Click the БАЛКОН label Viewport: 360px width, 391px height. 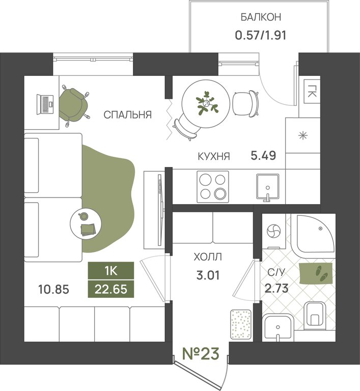(x=261, y=17)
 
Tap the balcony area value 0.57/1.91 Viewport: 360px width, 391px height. (x=261, y=35)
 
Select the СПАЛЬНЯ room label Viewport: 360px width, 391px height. (x=127, y=115)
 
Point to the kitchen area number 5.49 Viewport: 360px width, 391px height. (x=263, y=156)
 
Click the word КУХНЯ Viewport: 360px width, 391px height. (x=214, y=156)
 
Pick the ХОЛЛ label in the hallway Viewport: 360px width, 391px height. (x=208, y=257)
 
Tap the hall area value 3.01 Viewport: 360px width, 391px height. (x=208, y=275)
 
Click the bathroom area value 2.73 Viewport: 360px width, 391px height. (x=276, y=288)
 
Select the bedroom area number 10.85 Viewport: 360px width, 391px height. (x=53, y=290)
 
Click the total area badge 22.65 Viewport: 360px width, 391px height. (x=111, y=289)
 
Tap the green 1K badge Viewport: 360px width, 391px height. (x=111, y=270)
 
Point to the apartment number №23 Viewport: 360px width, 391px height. (x=201, y=354)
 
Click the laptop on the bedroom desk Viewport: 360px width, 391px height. (x=45, y=104)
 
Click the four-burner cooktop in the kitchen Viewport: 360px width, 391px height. (x=213, y=186)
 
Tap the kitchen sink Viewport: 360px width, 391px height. (x=268, y=187)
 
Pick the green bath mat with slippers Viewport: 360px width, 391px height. (x=316, y=273)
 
